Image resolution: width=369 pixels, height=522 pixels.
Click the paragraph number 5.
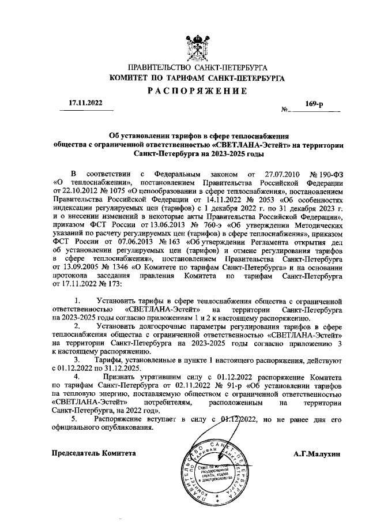[x=73, y=419]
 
